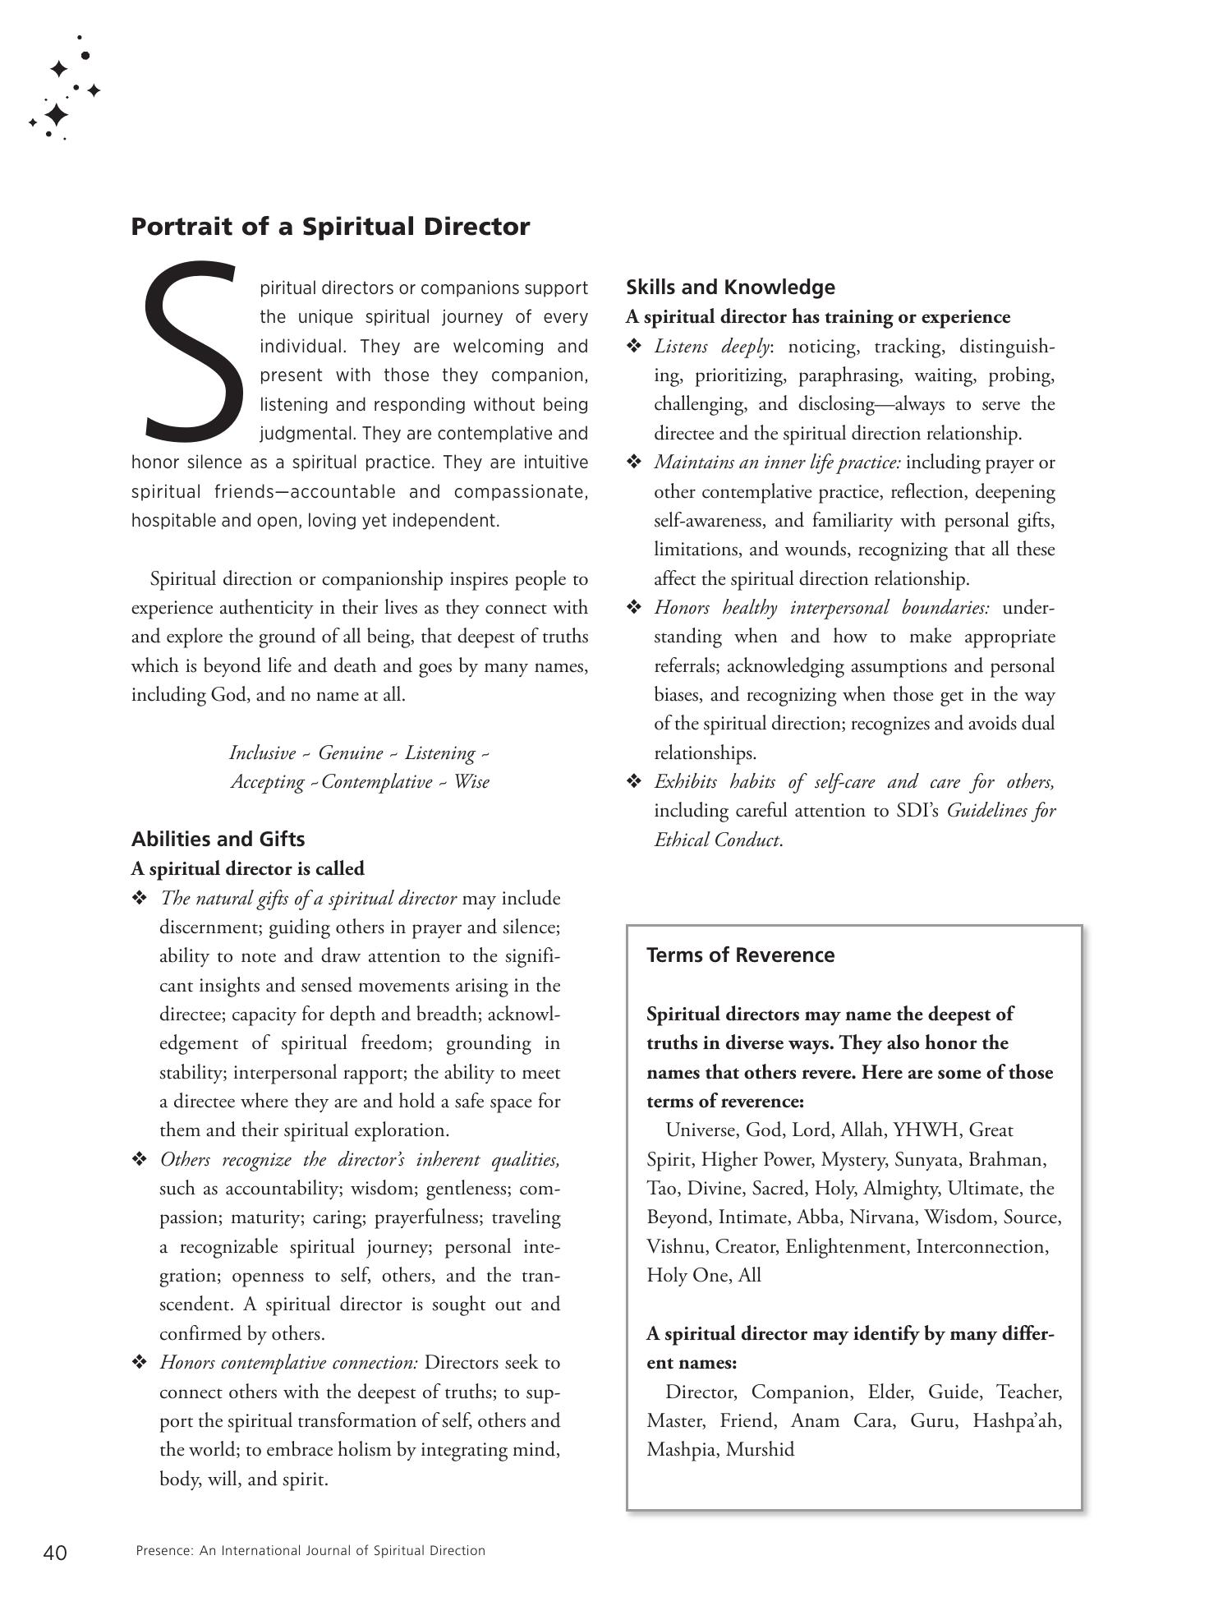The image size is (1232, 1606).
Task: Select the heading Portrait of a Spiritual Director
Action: [x=330, y=226]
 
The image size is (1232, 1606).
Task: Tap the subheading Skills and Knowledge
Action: [x=730, y=287]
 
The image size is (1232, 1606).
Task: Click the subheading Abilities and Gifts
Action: [x=218, y=839]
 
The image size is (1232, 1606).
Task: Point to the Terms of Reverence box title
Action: [x=740, y=955]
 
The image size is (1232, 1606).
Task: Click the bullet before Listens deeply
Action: [x=633, y=346]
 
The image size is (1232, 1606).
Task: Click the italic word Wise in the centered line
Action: [x=471, y=781]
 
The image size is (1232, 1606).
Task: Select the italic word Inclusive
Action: [x=262, y=752]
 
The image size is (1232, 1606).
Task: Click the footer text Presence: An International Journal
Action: [x=310, y=1551]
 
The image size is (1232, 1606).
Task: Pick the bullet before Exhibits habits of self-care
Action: [x=633, y=781]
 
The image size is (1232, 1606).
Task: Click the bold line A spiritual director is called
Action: [x=247, y=868]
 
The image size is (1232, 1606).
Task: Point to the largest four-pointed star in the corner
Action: [x=56, y=114]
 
